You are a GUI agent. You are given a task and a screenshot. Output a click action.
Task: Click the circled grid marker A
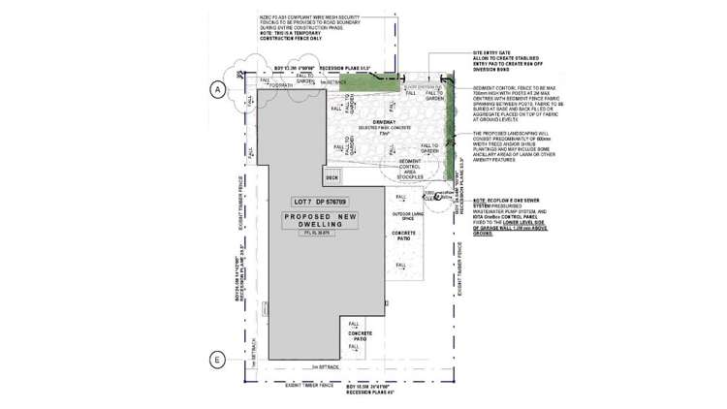click(x=217, y=89)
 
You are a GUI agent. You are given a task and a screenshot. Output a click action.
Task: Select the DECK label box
click(x=332, y=177)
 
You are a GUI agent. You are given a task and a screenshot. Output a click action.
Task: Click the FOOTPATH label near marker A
click(x=281, y=85)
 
